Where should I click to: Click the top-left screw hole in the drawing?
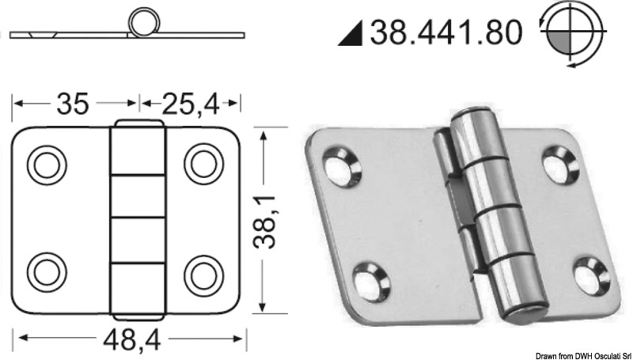coord(46,164)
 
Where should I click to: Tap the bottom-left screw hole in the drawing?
coord(46,273)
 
